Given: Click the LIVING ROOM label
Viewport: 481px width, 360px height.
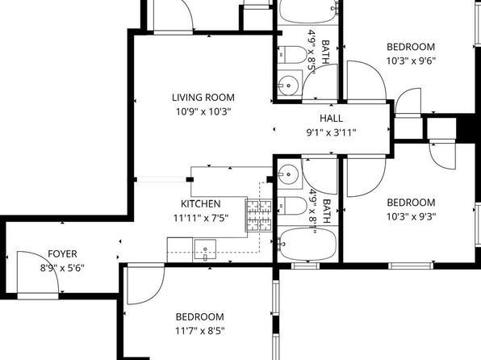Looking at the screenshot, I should pyautogui.click(x=201, y=98).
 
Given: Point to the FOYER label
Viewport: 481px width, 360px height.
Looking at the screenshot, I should pyautogui.click(x=62, y=253).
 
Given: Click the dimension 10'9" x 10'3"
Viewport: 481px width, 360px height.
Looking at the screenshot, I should pyautogui.click(x=201, y=111).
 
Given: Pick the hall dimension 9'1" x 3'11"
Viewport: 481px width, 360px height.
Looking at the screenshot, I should pyautogui.click(x=331, y=132).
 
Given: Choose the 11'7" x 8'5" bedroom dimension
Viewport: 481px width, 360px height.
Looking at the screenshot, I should pyautogui.click(x=199, y=330).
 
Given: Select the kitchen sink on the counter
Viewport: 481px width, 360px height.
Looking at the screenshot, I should pyautogui.click(x=205, y=250).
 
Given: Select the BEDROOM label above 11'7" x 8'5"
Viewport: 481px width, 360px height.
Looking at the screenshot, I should pyautogui.click(x=199, y=317).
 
